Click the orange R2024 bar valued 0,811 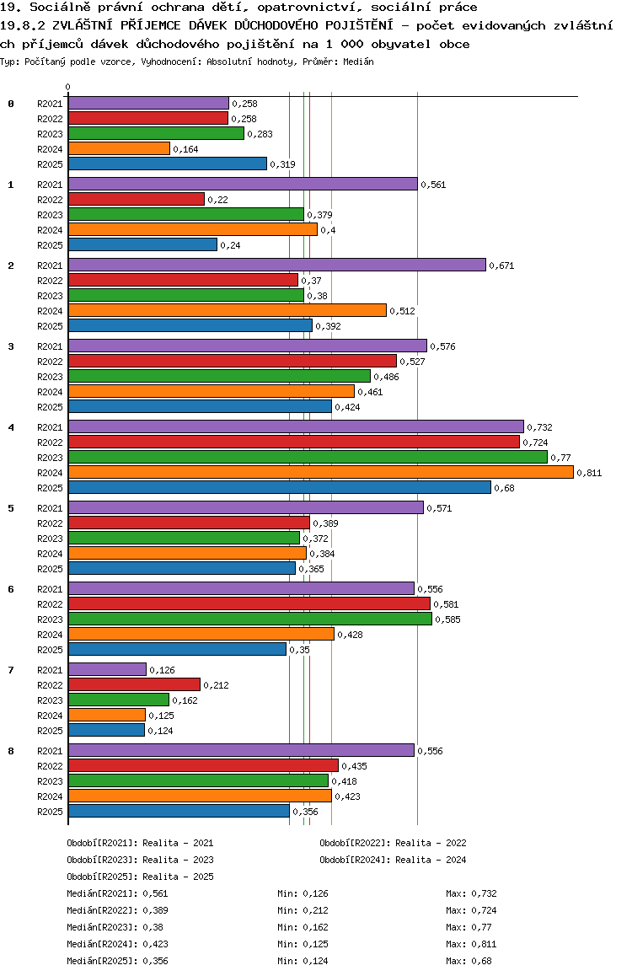point(320,472)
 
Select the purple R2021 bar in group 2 point(276,265)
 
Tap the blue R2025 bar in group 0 point(167,164)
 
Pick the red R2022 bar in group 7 point(134,684)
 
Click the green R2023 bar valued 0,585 point(249,619)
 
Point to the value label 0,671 point(501,265)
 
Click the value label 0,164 point(185,149)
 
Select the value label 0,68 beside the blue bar point(504,488)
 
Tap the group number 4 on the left point(11,427)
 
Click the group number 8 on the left point(11,751)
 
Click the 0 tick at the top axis point(68,87)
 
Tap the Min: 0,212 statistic point(303,910)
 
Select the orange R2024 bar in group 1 point(192,229)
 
